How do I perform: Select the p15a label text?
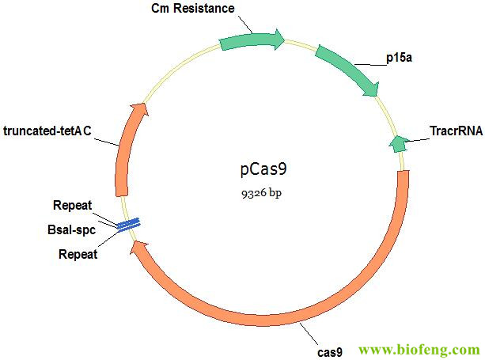pyautogui.click(x=397, y=59)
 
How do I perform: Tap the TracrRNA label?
pyautogui.click(x=456, y=131)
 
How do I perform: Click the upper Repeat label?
pyautogui.click(x=73, y=206)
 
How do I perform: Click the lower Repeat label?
pyautogui.click(x=78, y=254)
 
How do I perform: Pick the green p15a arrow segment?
pyautogui.click(x=347, y=70)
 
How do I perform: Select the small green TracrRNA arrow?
pyautogui.click(x=397, y=143)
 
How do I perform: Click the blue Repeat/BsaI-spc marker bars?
pyautogui.click(x=128, y=225)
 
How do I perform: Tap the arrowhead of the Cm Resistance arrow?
pyautogui.click(x=278, y=39)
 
